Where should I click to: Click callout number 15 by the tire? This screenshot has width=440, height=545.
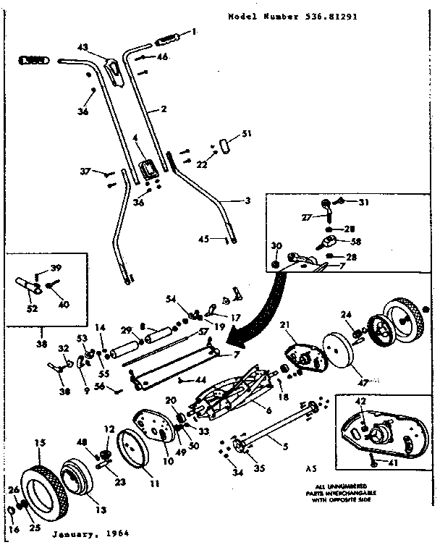click(x=41, y=442)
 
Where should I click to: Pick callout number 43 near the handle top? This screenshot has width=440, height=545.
click(x=82, y=47)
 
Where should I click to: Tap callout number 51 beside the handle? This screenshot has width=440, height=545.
click(x=247, y=133)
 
